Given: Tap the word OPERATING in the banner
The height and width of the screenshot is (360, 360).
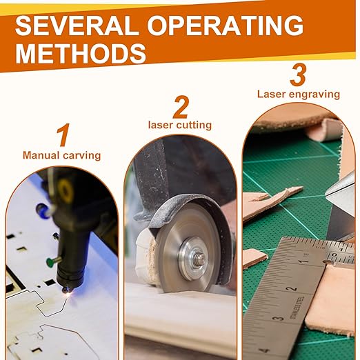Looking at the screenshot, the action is coord(226,26).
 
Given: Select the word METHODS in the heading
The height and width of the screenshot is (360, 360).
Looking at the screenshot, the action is coord(81,54).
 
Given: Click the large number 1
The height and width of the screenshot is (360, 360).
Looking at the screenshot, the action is coord(63,135).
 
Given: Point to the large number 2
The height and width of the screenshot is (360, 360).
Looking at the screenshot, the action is coord(181,107).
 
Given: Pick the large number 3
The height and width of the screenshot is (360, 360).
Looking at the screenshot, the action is coord(298,74).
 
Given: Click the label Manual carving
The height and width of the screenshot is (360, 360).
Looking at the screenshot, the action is coord(61,155).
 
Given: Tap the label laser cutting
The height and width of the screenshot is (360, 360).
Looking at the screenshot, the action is coord(180,126).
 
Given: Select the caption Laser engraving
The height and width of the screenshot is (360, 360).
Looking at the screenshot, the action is coord(299,94).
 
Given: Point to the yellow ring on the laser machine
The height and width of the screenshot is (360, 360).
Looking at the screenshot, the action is coord(65,191).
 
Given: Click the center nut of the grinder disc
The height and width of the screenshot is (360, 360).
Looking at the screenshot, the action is coord(199,259).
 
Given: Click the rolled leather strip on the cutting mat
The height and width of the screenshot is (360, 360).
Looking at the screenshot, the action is coord(326,130).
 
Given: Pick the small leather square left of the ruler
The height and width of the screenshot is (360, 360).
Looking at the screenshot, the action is coord(254,258).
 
